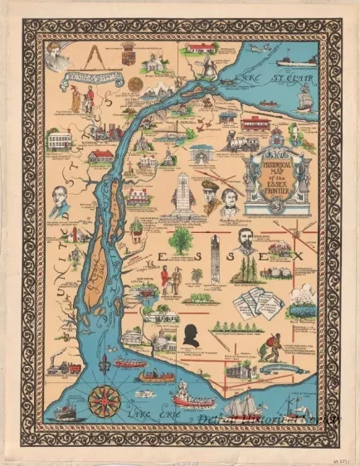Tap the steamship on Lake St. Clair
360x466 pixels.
[x=294, y=61]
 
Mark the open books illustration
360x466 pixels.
[x=255, y=302]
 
